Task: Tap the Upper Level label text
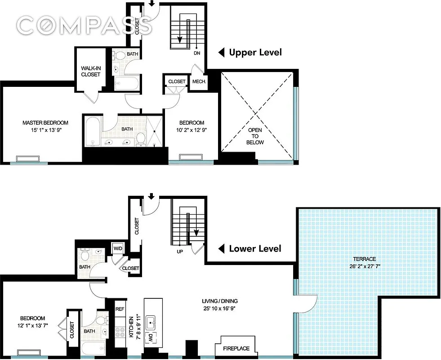pyautogui.click(x=255, y=53)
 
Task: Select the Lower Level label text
pyautogui.click(x=255, y=248)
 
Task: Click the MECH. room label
pyautogui.click(x=199, y=82)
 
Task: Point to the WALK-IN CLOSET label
pyautogui.click(x=90, y=71)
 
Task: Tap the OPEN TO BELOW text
pyautogui.click(x=255, y=136)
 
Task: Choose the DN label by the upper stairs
pyautogui.click(x=196, y=53)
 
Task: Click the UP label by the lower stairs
pyautogui.click(x=179, y=251)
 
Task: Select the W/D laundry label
pyautogui.click(x=117, y=248)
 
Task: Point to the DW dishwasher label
pyautogui.click(x=151, y=337)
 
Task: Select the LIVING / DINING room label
pyautogui.click(x=219, y=301)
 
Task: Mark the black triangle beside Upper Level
pyautogui.click(x=221, y=53)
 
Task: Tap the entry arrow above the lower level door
pyautogui.click(x=151, y=196)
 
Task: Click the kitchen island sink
pyautogui.click(x=151, y=322)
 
